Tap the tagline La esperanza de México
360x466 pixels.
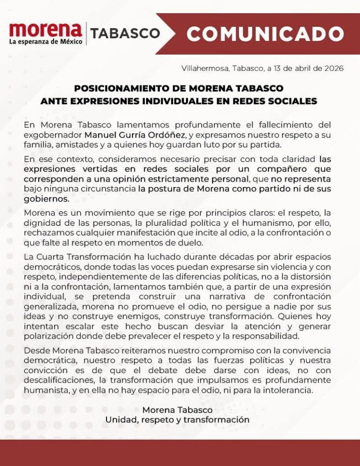click(46, 41)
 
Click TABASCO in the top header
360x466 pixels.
click(125, 34)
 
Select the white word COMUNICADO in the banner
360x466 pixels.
click(265, 33)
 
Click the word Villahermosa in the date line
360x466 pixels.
click(205, 69)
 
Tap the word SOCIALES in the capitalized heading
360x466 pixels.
click(294, 101)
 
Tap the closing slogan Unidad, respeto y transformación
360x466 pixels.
click(177, 420)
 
